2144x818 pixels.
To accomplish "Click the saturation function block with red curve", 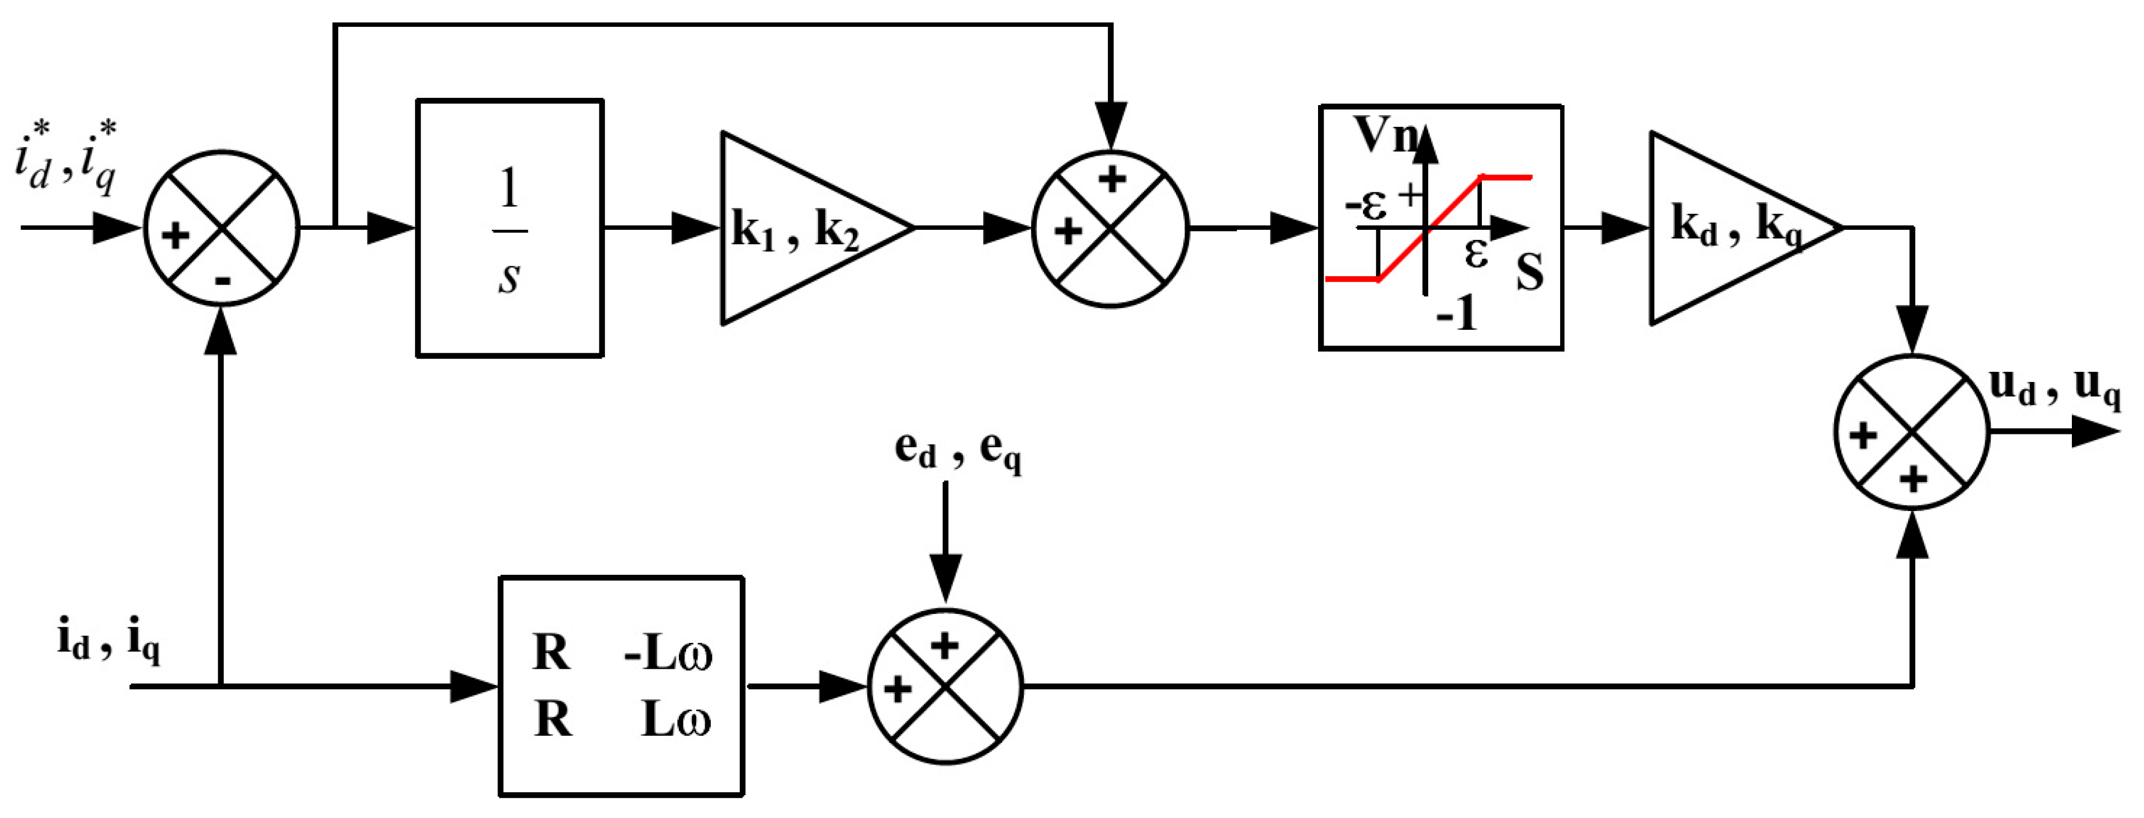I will pos(1441,227).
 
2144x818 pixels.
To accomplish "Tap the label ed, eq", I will pos(957,450).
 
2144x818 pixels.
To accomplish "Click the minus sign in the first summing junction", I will pos(222,281).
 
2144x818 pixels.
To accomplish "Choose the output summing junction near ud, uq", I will pos(1912,432).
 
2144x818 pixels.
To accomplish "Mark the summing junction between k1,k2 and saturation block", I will pos(1110,228).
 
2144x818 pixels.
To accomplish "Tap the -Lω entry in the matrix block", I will pos(668,654).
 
